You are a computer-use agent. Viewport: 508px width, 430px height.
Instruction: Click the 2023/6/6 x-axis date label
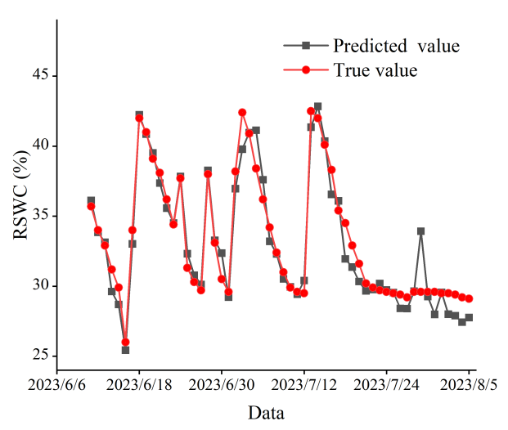pos(59,383)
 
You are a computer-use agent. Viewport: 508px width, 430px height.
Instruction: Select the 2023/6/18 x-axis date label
pos(139,383)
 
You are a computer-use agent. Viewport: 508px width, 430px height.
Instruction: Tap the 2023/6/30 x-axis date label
pos(222,383)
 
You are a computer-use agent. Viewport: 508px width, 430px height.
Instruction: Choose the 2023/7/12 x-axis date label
pos(304,383)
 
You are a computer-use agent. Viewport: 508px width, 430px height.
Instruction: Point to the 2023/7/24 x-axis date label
pos(386,383)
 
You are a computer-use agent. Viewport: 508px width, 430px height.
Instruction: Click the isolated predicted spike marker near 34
pos(420,231)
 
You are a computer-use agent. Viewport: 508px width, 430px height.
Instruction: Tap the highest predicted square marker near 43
pos(317,106)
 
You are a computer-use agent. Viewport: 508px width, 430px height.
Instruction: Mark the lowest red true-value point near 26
pos(125,343)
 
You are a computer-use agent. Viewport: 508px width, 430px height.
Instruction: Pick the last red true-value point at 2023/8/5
pos(469,298)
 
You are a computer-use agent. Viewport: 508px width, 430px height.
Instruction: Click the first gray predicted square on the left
pos(91,200)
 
